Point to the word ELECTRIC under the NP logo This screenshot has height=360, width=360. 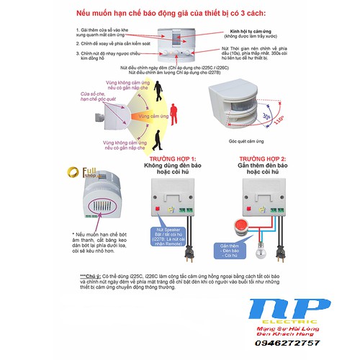[302, 325]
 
